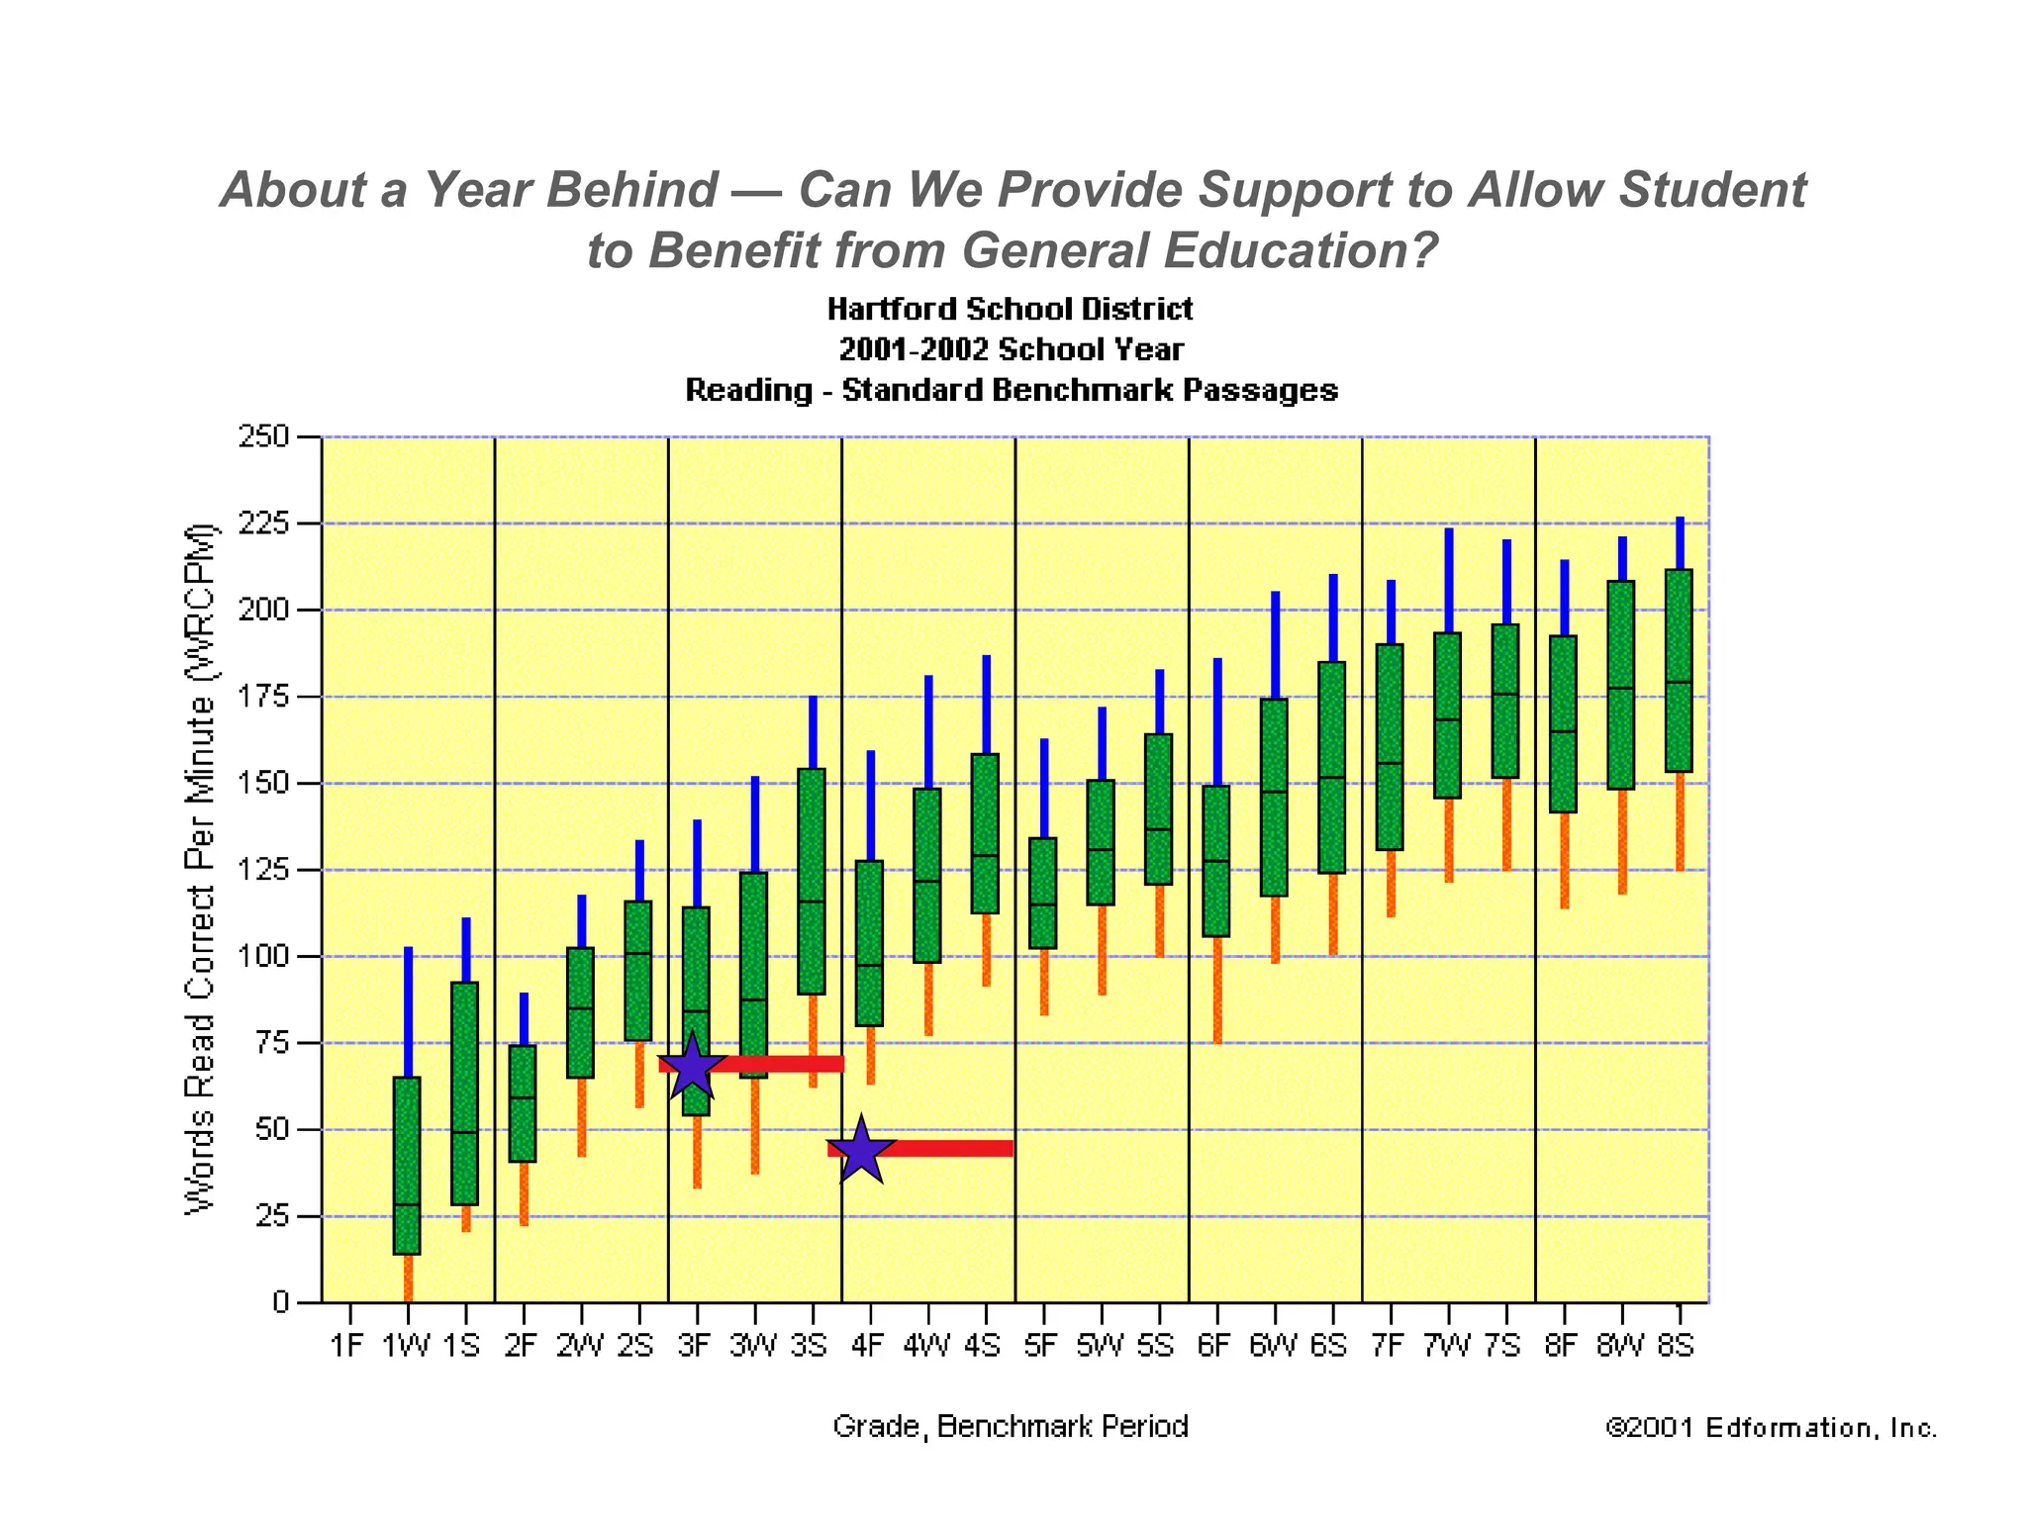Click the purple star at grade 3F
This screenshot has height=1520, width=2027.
click(x=692, y=1068)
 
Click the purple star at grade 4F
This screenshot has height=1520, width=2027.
click(x=861, y=1151)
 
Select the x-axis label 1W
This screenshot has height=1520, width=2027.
click(x=406, y=1346)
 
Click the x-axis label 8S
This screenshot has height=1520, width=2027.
click(x=1677, y=1346)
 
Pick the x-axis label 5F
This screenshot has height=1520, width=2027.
click(x=1041, y=1346)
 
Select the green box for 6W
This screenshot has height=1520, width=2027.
click(x=1274, y=798)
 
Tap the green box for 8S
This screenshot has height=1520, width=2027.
click(x=1679, y=671)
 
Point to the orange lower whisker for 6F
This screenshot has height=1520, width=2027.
click(x=1217, y=990)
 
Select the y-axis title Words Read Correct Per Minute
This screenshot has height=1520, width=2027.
click(x=200, y=869)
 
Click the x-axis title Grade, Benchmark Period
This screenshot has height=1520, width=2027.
click(x=1011, y=1427)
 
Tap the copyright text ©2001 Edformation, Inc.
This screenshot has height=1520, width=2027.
click(x=1771, y=1428)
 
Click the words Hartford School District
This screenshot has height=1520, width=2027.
click(x=1011, y=310)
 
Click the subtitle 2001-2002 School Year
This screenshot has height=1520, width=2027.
click(x=1011, y=350)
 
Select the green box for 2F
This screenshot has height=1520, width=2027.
click(x=523, y=1103)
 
